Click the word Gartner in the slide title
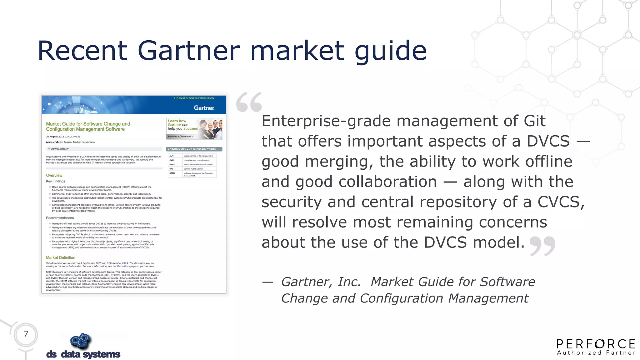tap(188, 51)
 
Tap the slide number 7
tap(26, 334)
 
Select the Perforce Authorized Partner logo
tap(596, 347)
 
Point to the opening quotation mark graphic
tap(249, 102)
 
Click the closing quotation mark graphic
tap(542, 246)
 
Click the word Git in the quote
tap(535, 121)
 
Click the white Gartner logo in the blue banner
tap(204, 108)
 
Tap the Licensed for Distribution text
tap(194, 98)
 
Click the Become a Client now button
tap(180, 137)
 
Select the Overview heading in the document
tap(54, 176)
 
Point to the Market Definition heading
tap(61, 258)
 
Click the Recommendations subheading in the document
tap(60, 218)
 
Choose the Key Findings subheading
tap(56, 181)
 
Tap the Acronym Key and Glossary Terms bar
tap(194, 149)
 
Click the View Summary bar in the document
tap(104, 149)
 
